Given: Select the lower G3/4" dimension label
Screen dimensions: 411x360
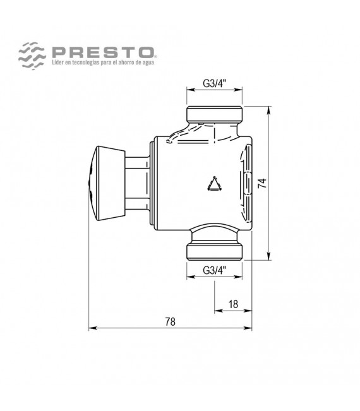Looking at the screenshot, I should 214,270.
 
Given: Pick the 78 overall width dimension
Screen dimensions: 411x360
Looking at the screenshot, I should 169,321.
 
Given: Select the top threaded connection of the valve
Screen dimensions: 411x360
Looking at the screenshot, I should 215,115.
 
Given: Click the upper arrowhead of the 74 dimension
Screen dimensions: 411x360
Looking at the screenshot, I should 270,111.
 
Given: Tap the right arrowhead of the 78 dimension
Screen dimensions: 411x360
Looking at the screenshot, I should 249,328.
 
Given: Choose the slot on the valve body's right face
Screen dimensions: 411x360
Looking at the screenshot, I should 246,183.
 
